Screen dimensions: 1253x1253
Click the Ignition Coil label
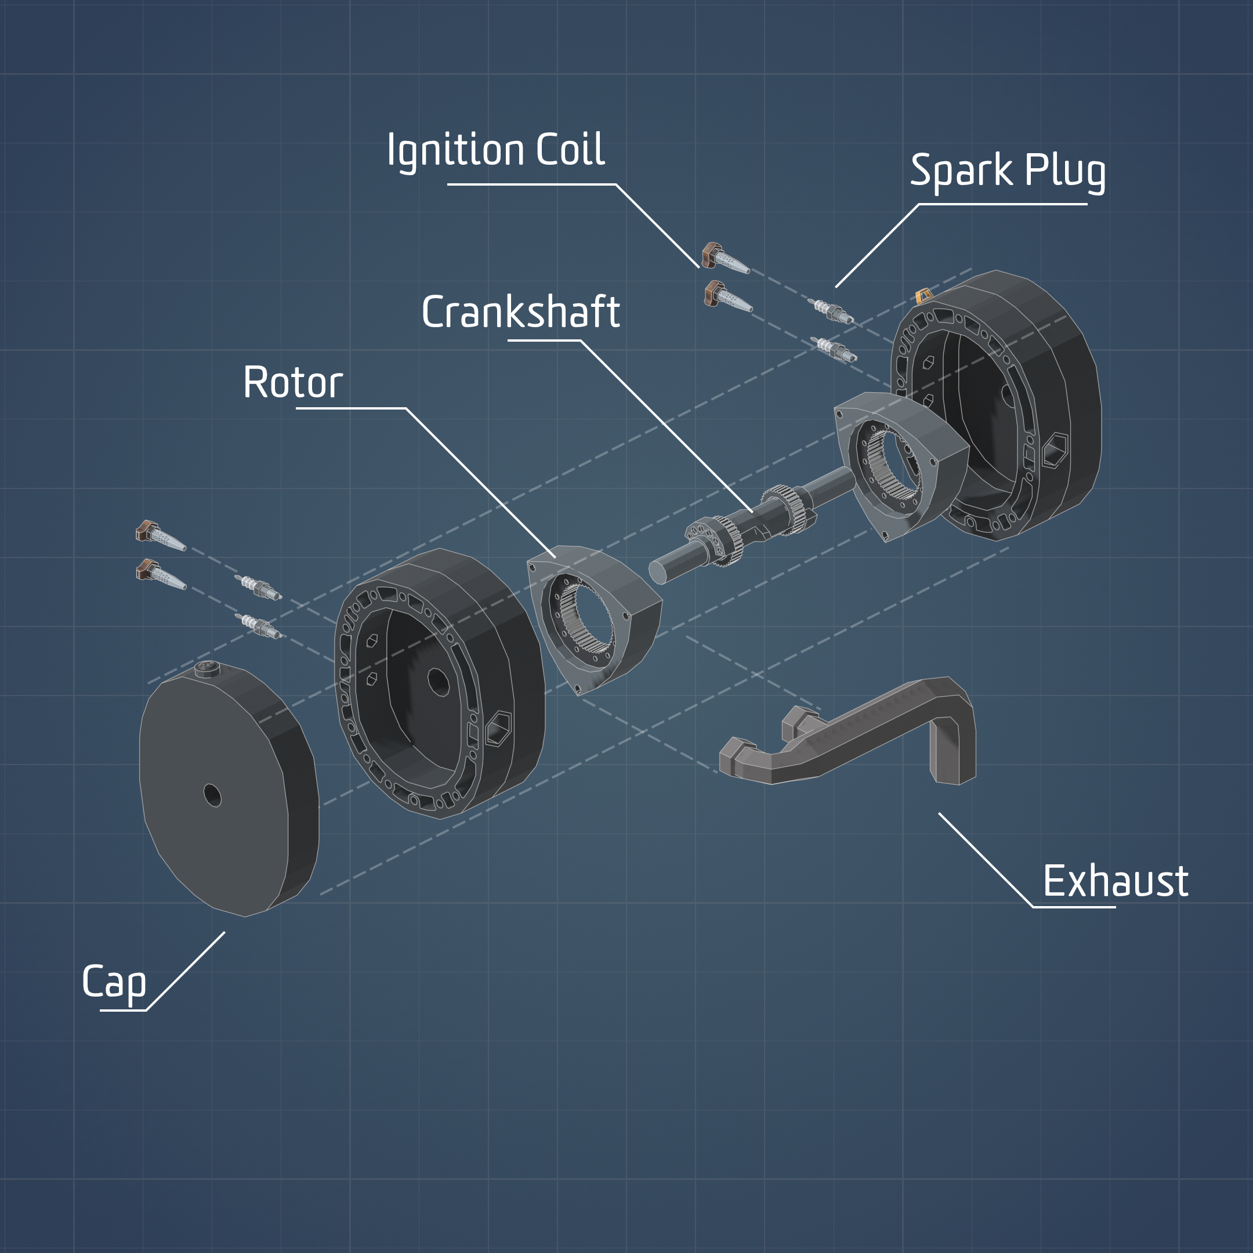coord(495,150)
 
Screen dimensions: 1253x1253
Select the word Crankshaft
coord(521,312)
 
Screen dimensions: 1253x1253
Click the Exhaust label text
coord(1116,881)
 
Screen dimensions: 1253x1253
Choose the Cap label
coord(114,982)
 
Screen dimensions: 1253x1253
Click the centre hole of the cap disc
coord(212,795)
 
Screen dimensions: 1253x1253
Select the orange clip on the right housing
coord(923,297)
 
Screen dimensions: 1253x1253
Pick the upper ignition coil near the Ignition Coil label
coord(724,258)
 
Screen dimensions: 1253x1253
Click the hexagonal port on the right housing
coord(1054,450)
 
